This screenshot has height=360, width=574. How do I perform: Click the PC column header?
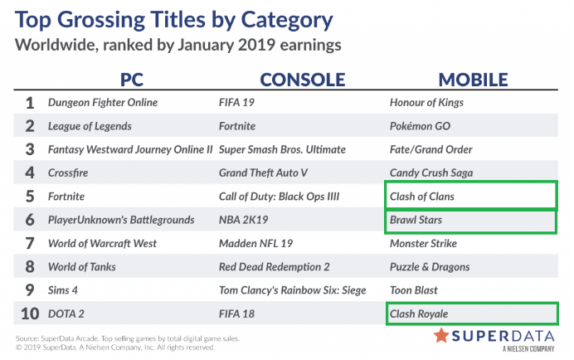click(x=132, y=80)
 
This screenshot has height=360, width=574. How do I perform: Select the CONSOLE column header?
click(x=303, y=80)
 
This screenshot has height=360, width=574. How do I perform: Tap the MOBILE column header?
click(x=473, y=80)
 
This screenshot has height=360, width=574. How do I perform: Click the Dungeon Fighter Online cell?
click(x=103, y=103)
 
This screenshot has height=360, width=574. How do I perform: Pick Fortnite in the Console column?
click(x=237, y=126)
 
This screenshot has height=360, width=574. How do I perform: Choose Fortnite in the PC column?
click(x=66, y=197)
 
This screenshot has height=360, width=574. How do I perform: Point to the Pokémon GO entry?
click(x=420, y=126)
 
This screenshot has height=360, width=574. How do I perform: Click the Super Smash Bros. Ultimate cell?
click(x=282, y=149)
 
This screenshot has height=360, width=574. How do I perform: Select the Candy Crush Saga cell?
click(x=431, y=173)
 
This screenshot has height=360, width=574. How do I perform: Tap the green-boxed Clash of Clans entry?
click(x=421, y=197)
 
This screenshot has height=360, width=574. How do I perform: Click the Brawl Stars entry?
click(x=416, y=220)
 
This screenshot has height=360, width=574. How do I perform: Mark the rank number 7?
click(x=30, y=244)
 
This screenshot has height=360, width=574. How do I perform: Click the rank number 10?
click(x=30, y=314)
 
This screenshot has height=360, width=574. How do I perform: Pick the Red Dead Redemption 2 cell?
click(x=275, y=267)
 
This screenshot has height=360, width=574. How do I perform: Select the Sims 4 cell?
click(x=63, y=290)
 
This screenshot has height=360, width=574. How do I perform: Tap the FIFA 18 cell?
click(x=236, y=314)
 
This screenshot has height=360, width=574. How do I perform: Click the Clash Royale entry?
click(x=419, y=314)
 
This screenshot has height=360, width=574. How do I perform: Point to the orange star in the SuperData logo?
click(x=441, y=335)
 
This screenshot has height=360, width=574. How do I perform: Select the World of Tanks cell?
click(x=82, y=267)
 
